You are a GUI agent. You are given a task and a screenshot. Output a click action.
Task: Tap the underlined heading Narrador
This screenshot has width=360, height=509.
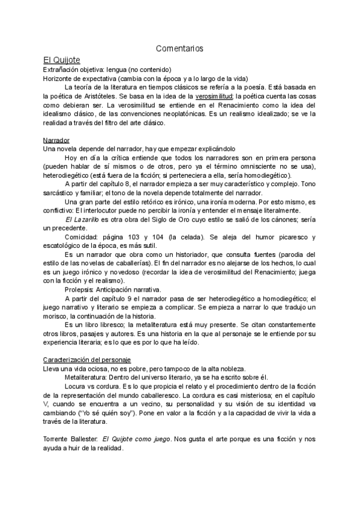[56, 140]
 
